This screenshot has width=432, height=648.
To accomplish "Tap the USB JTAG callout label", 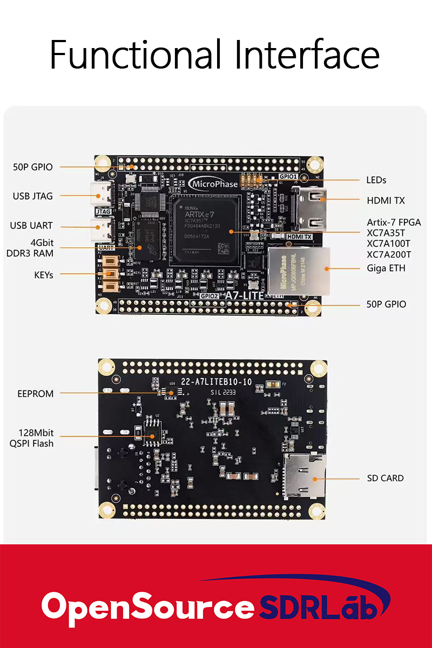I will click(x=33, y=196).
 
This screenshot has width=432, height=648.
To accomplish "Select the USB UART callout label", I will click(x=31, y=226).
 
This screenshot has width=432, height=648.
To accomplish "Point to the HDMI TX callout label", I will click(x=386, y=200).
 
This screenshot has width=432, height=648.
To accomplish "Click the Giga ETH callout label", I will click(x=386, y=268).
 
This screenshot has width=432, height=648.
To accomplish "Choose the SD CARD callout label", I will click(x=384, y=478).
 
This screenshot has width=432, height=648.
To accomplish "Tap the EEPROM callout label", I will click(x=36, y=394).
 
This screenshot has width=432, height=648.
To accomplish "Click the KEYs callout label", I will click(x=43, y=275).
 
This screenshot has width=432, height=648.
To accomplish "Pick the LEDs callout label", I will click(x=376, y=180).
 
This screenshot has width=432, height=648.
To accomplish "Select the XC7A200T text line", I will click(x=389, y=254).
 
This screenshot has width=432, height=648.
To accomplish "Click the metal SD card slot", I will click(x=305, y=475).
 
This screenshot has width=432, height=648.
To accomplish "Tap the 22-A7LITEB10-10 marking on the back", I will click(x=216, y=382).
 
